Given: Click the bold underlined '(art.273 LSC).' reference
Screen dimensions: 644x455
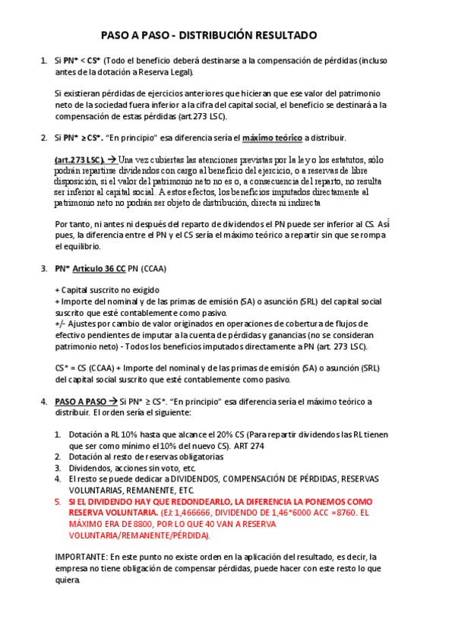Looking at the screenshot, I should click(79, 160).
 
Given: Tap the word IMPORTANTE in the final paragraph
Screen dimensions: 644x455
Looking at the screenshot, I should click(81, 557).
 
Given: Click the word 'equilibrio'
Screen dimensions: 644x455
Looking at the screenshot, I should click(79, 247).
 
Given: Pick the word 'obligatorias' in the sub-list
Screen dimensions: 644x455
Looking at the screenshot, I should click(199, 457).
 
